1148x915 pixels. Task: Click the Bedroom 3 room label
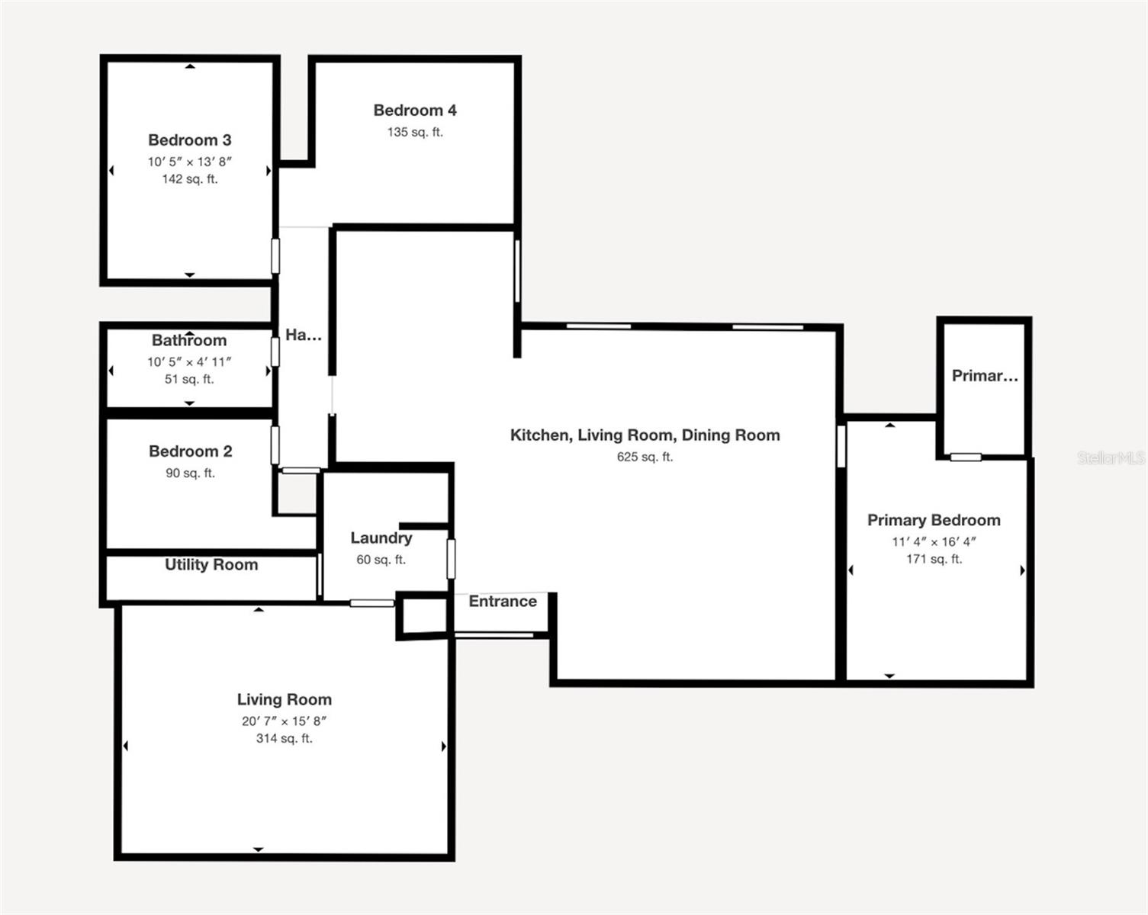189,140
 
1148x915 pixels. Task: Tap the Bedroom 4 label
415,111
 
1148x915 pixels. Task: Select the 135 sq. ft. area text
415,132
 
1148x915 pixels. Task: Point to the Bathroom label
189,341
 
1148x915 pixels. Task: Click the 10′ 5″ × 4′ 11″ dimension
189,362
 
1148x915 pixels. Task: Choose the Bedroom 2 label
190,451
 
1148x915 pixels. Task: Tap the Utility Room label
211,565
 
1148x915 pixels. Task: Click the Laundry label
381,538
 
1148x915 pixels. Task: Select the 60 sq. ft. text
381,560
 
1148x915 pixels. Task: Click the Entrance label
502,602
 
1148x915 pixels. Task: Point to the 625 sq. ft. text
645,457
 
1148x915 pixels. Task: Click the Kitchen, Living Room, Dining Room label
645,435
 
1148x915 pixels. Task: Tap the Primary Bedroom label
934,521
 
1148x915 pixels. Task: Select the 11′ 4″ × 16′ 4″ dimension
934,542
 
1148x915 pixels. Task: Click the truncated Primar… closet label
984,376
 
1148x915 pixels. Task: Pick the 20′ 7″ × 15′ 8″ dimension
284,721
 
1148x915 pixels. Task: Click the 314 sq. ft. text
284,739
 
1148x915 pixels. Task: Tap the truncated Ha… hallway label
303,335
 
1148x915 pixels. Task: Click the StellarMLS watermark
1111,458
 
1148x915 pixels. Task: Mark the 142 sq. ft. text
189,179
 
